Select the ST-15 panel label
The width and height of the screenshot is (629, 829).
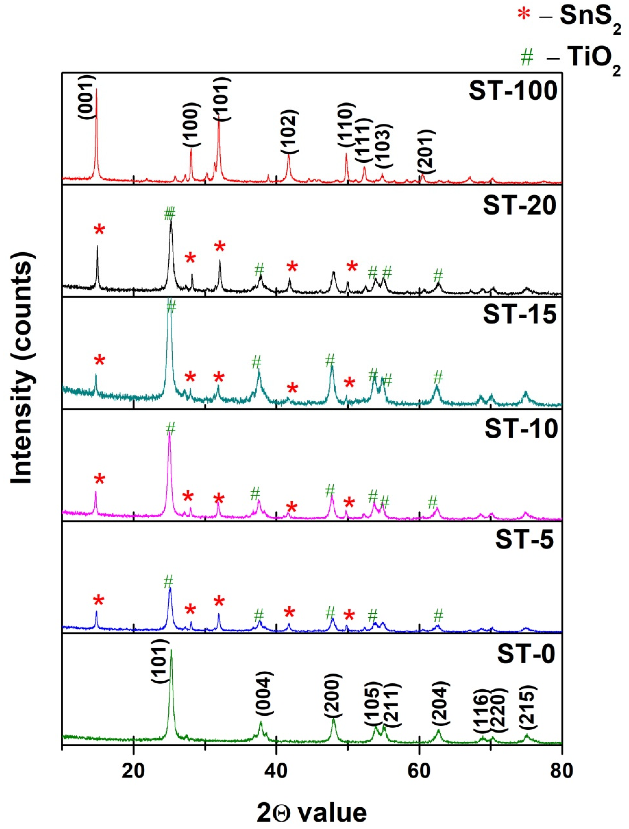pos(519,314)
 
